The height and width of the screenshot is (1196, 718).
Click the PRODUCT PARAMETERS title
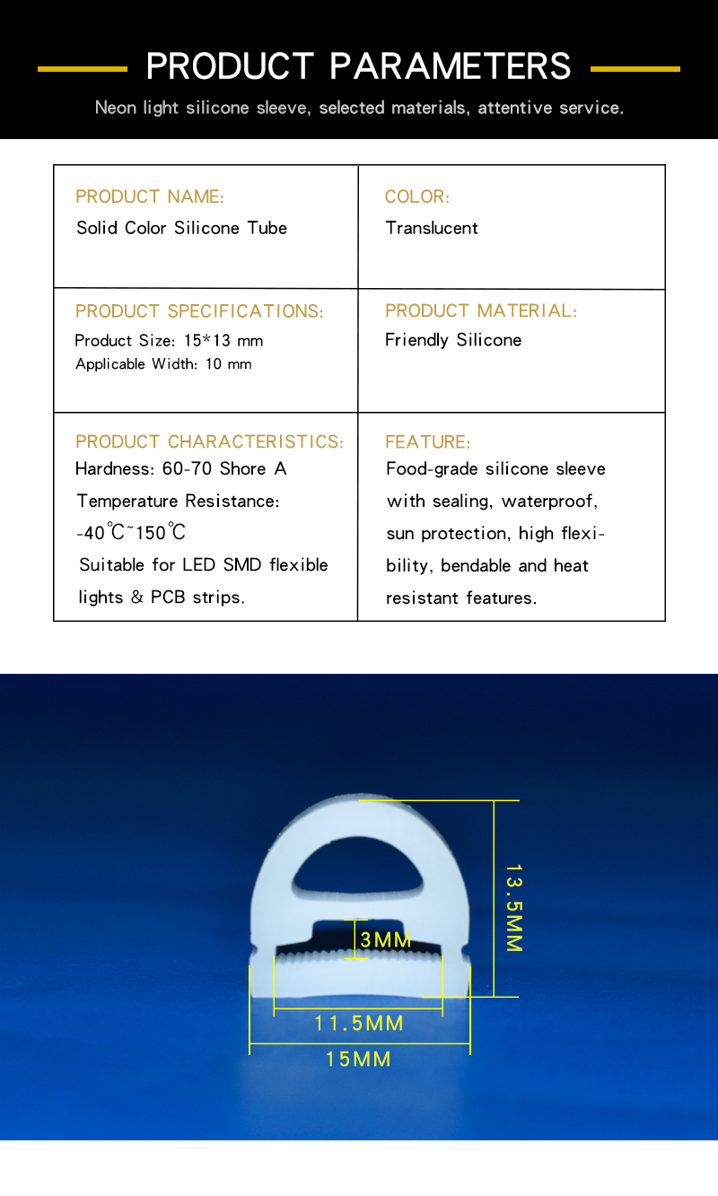(359, 67)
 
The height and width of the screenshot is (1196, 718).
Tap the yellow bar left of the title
(83, 68)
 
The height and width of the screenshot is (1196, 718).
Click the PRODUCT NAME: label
(150, 196)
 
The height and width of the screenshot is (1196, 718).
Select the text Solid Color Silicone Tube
(181, 228)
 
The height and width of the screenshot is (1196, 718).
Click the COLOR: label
(417, 196)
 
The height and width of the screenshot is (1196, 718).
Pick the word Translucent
(432, 228)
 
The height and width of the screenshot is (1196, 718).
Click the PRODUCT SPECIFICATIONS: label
(199, 311)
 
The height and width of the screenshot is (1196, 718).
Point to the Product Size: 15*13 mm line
(169, 341)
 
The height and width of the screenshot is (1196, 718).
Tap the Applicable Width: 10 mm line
(163, 364)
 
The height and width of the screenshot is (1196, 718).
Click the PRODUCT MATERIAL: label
(481, 310)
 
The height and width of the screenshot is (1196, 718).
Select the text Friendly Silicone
(453, 340)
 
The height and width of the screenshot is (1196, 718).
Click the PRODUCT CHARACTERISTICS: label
(209, 441)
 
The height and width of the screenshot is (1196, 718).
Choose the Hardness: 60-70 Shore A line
(181, 468)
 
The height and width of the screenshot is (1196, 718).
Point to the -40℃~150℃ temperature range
(131, 532)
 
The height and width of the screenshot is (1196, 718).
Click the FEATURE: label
(427, 441)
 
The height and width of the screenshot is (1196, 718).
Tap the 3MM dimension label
(386, 940)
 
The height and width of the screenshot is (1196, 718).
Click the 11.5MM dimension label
(359, 1023)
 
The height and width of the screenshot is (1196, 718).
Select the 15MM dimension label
(358, 1060)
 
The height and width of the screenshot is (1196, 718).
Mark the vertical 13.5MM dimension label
(513, 908)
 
